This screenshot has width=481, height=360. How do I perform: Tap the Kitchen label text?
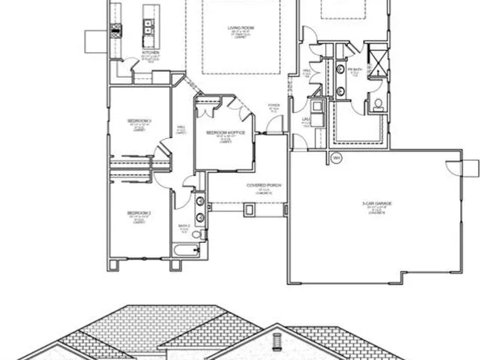(x=150, y=53)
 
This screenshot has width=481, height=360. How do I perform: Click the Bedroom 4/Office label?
(x=220, y=132)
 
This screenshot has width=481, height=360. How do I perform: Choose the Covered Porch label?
(x=257, y=185)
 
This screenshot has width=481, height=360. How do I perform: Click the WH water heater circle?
(x=337, y=157)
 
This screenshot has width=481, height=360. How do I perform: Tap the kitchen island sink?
(x=149, y=29)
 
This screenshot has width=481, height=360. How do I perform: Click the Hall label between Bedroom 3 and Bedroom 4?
(x=181, y=128)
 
